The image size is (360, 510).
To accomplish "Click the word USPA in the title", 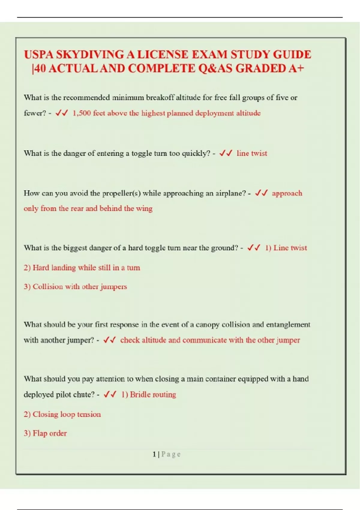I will point(39,55).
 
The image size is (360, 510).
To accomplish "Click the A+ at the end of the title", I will point(296,69).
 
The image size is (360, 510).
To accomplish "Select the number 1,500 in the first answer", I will point(82,113).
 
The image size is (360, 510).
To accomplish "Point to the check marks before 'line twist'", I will point(226,153).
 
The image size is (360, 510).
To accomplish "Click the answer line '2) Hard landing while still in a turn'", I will point(82,268).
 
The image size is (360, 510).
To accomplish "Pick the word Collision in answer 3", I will point(48,286).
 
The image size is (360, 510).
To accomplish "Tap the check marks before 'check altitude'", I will point(109,340).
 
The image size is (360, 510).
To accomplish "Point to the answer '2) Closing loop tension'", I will point(62,414).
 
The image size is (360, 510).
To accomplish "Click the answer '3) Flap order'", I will point(45,433).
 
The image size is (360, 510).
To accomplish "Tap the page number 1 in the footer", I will point(154,454).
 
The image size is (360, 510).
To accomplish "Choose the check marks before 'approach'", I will point(261,193).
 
